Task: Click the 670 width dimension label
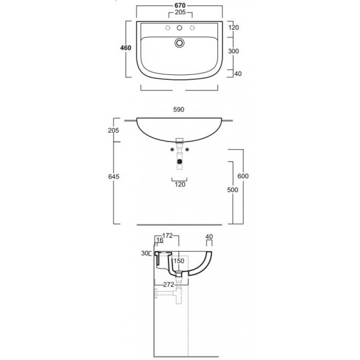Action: click(180, 5)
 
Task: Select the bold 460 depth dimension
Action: click(126, 48)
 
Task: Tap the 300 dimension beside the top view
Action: click(234, 51)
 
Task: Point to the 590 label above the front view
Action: click(179, 109)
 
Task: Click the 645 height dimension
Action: click(114, 176)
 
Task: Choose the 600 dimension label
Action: click(243, 176)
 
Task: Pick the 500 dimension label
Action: click(233, 189)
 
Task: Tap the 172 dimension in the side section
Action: click(167, 235)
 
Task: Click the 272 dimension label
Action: click(168, 284)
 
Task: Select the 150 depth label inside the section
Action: click(179, 261)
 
